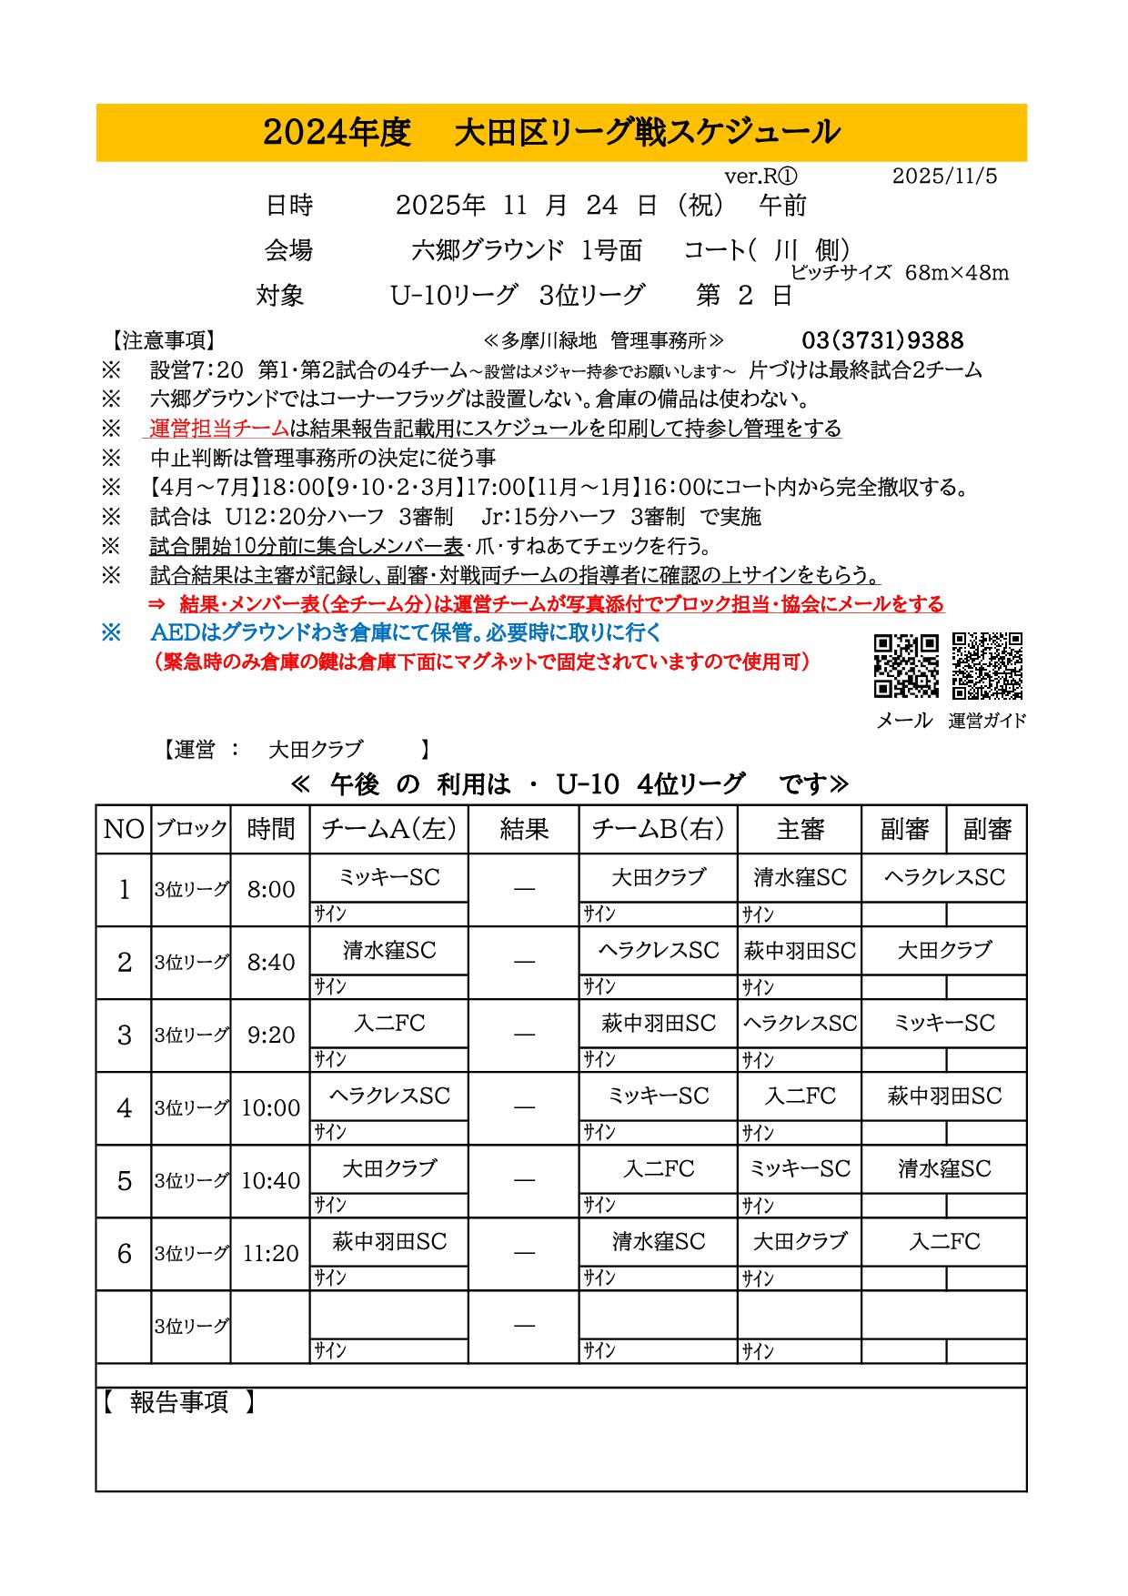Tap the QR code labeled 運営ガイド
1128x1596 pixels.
pos(987,665)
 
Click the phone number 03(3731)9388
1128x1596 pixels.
pos(882,340)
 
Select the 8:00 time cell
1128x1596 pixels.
pos(271,890)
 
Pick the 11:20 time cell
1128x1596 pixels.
pos(271,1254)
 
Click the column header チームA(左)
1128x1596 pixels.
pos(389,829)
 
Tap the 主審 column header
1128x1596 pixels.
pos(800,829)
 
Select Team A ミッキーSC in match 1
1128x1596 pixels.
pos(389,877)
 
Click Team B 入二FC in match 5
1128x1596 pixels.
pos(659,1168)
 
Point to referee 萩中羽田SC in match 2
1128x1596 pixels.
pos(800,950)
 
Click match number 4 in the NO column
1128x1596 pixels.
pos(125,1108)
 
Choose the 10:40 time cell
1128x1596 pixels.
pos(271,1181)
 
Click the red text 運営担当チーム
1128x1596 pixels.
pos(218,428)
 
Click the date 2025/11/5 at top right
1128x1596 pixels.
pos(944,177)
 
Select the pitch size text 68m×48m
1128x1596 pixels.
pos(957,273)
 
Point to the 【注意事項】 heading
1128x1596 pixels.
pos(164,341)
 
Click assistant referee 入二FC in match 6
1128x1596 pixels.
pos(944,1241)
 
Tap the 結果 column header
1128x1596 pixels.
pos(524,829)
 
